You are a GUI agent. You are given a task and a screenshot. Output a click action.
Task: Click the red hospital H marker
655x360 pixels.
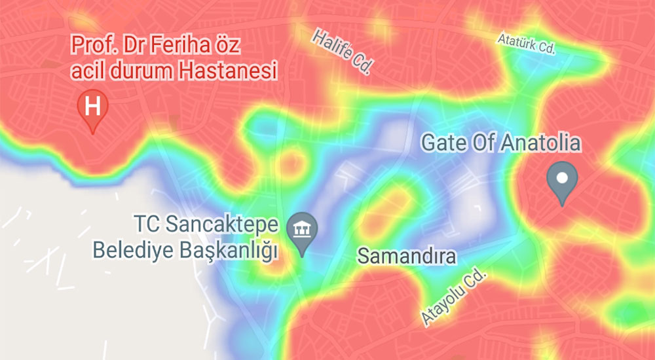[x=93, y=105]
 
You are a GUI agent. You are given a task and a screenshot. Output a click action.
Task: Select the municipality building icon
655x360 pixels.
[x=303, y=229]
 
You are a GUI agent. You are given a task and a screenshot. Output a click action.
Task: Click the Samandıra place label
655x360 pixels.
[x=406, y=256]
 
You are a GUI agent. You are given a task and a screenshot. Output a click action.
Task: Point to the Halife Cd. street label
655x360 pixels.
[x=343, y=51]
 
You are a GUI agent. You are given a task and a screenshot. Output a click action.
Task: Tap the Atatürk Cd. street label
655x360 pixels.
[x=526, y=45]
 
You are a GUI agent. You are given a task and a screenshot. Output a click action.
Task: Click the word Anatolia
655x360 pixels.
[x=538, y=142]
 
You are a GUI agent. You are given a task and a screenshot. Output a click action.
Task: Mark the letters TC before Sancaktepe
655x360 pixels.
[x=147, y=226]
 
